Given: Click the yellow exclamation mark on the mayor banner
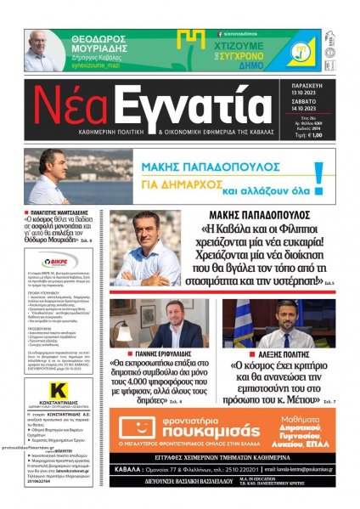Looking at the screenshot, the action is pos(318,174).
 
